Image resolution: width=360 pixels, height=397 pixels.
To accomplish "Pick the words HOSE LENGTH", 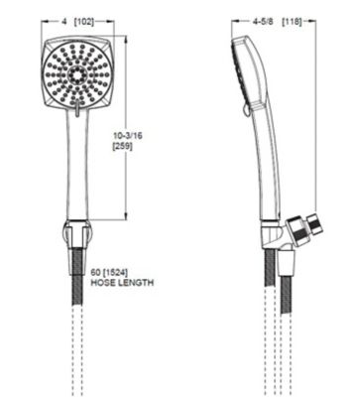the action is [120, 282].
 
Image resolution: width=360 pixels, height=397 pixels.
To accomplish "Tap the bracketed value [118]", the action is [294, 19].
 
